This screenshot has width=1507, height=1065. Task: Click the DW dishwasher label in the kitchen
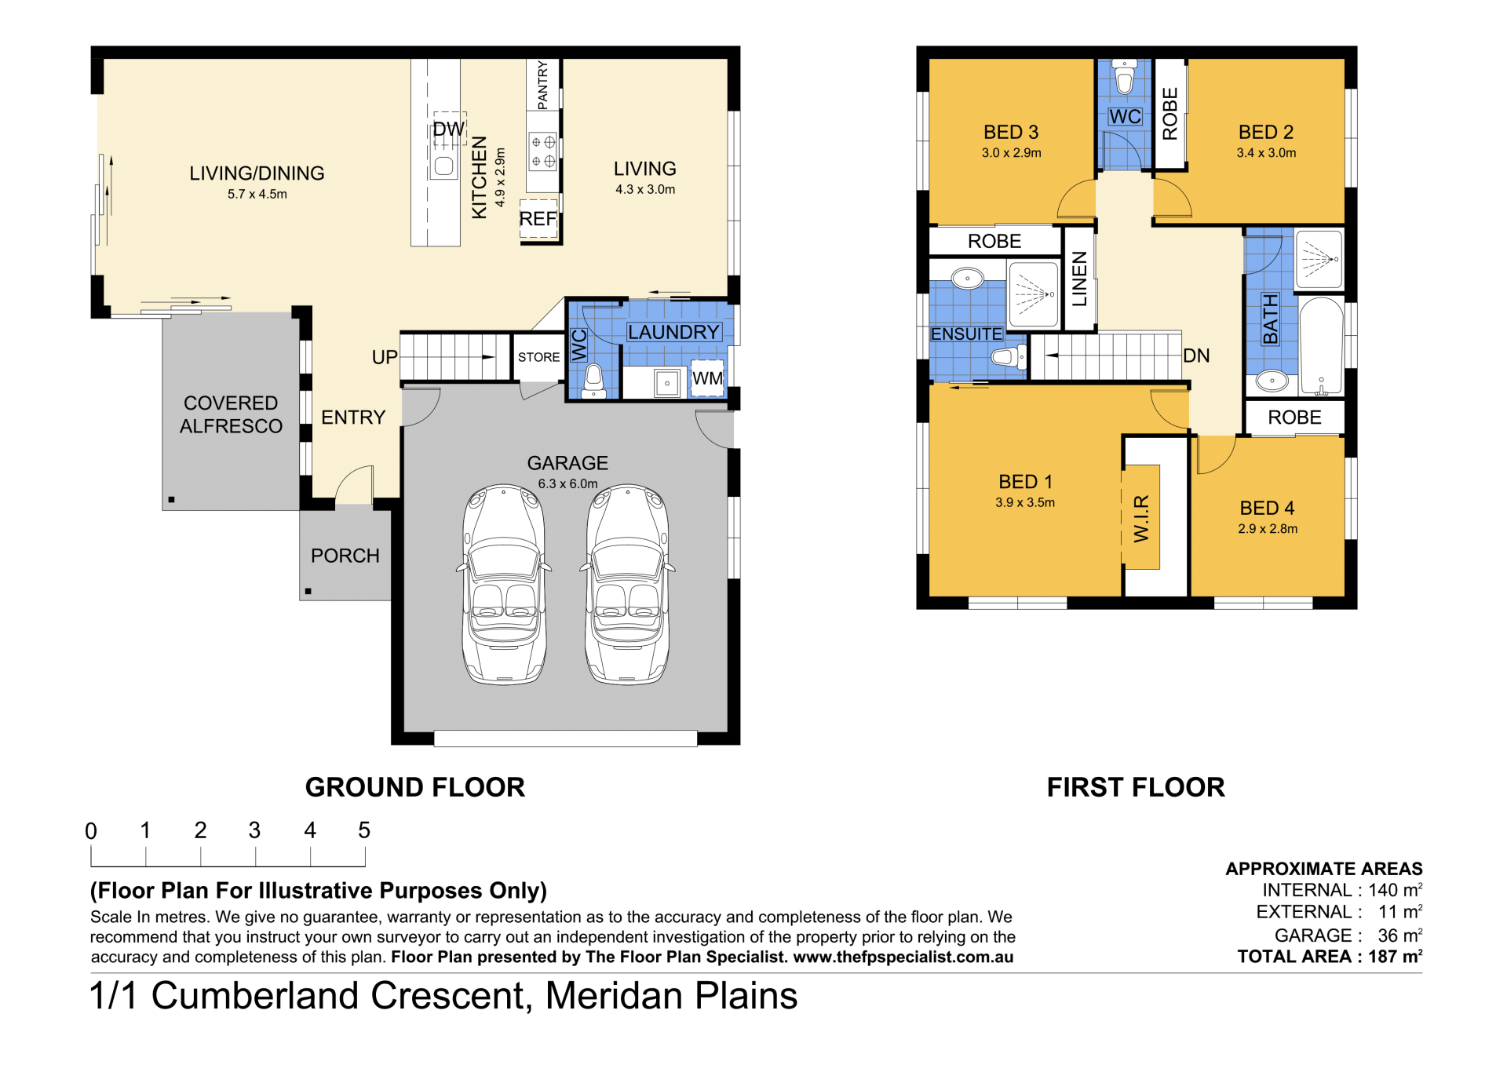click(449, 129)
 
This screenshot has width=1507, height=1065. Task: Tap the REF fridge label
click(538, 219)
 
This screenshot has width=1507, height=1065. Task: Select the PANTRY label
click(543, 86)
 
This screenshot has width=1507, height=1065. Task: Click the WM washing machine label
click(707, 378)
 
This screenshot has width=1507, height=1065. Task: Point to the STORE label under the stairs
click(538, 357)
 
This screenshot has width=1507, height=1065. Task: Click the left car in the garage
click(504, 585)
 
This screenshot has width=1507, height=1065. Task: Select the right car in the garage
click(627, 585)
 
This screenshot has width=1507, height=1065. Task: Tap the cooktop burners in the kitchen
click(543, 152)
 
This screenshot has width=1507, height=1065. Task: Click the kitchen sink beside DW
click(444, 166)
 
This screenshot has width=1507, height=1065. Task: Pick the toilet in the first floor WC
click(1125, 77)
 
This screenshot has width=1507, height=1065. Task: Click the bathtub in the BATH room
click(1322, 346)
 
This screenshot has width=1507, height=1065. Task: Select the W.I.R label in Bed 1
click(1141, 518)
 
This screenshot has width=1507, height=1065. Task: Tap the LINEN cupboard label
click(1080, 279)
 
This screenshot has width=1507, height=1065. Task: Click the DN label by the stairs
click(1196, 356)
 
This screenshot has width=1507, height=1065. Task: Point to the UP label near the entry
click(385, 357)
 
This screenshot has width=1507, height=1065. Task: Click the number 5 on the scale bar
click(364, 830)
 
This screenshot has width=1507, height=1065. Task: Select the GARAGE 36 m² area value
click(1400, 936)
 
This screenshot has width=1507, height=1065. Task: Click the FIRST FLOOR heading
click(1136, 787)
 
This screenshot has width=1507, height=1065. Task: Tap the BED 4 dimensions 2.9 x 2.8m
click(1268, 529)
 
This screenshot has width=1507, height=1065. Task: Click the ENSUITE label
click(966, 334)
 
